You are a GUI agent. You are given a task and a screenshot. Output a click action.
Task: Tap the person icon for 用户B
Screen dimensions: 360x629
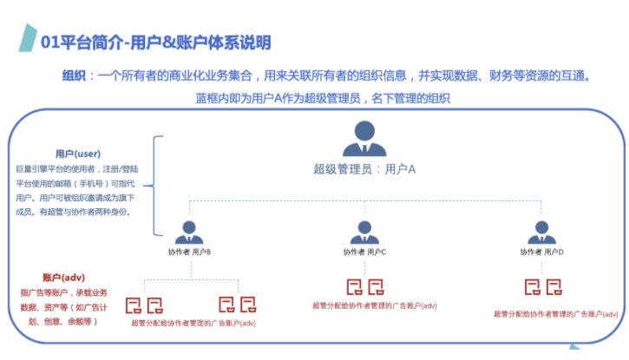click(x=189, y=232)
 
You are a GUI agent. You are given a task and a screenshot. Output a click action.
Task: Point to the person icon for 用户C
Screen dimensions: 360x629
click(x=364, y=232)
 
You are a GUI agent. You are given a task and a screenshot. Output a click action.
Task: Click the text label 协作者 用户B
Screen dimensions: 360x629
click(x=189, y=252)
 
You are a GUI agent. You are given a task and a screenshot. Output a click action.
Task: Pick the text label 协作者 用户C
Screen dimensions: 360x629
click(x=364, y=252)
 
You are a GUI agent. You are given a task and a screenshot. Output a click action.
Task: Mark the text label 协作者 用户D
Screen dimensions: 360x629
click(x=541, y=252)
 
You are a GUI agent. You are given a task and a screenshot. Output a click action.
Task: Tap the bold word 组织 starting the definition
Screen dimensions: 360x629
click(x=74, y=75)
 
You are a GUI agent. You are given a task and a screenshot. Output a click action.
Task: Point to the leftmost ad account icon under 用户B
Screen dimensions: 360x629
click(x=134, y=304)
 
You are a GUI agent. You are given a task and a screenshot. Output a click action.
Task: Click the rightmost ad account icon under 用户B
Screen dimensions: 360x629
click(x=248, y=304)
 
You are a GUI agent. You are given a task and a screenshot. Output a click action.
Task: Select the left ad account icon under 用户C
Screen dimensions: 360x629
click(x=354, y=286)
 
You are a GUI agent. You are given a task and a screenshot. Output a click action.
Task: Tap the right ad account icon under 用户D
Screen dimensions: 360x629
click(x=553, y=286)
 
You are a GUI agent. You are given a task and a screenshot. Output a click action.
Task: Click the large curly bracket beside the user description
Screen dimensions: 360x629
click(x=156, y=185)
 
